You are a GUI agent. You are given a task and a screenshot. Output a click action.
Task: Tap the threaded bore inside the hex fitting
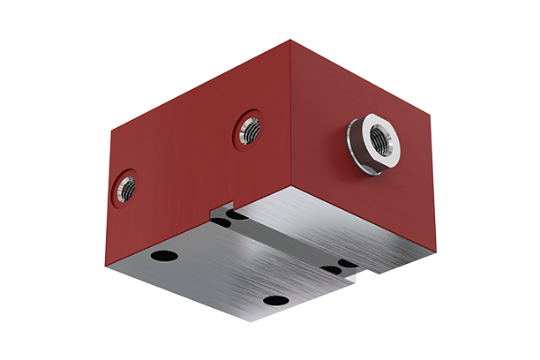[x=382, y=137]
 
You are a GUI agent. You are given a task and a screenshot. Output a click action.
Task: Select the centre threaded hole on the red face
[x=250, y=131]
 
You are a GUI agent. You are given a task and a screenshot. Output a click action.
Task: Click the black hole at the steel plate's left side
[x=164, y=256]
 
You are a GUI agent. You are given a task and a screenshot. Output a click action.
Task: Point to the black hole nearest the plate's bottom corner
[x=275, y=301]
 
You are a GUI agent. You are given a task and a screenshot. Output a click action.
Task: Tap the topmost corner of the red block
[x=290, y=40]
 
